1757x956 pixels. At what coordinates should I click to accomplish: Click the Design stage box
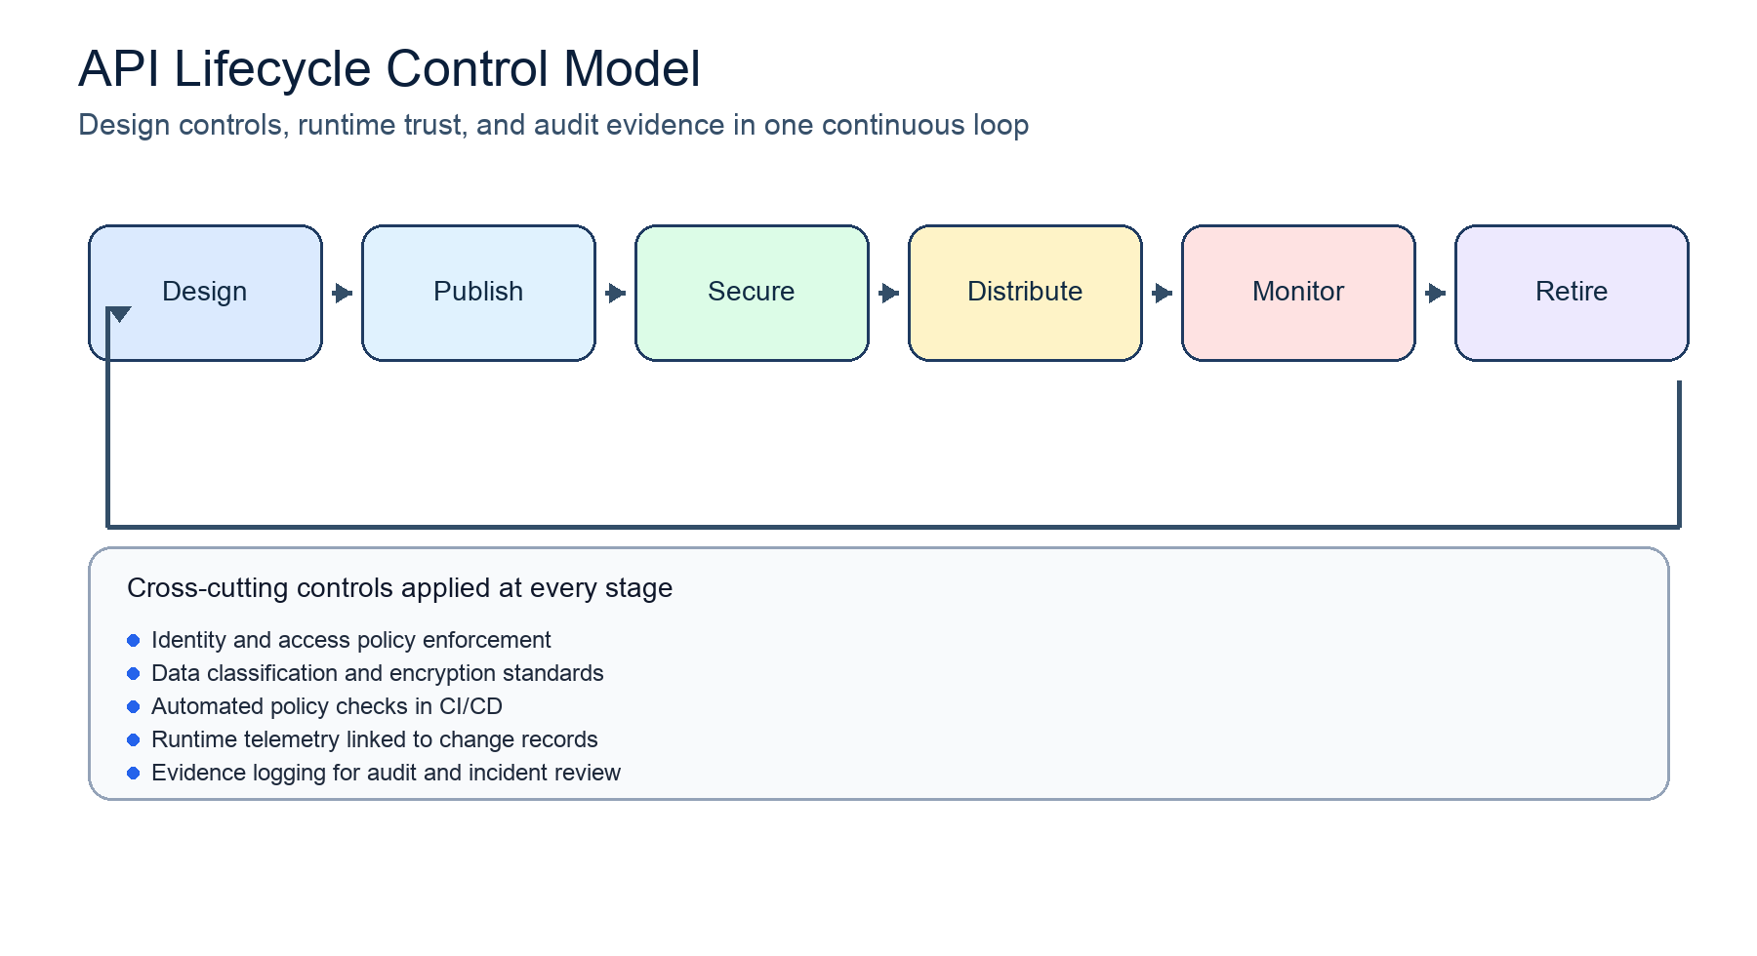[205, 293]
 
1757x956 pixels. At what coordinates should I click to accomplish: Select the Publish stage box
[478, 293]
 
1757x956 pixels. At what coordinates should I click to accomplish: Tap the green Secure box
[752, 293]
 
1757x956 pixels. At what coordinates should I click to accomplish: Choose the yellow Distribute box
[1025, 293]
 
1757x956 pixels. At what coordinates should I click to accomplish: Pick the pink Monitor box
[1298, 293]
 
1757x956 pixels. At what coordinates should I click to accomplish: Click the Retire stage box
[1572, 293]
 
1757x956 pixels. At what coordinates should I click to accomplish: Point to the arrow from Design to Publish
[343, 293]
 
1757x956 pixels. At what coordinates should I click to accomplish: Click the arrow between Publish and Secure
[616, 293]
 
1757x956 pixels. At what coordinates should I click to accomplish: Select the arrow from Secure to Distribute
[889, 293]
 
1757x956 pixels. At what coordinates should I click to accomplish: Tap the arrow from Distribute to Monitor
[1163, 293]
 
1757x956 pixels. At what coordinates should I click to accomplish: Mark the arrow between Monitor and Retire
[1436, 293]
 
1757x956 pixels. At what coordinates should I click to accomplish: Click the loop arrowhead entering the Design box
[119, 314]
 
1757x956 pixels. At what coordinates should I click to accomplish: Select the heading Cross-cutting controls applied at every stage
[399, 588]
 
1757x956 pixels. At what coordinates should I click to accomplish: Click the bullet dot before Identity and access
[134, 641]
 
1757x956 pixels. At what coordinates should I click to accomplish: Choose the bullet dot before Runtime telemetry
[134, 740]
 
